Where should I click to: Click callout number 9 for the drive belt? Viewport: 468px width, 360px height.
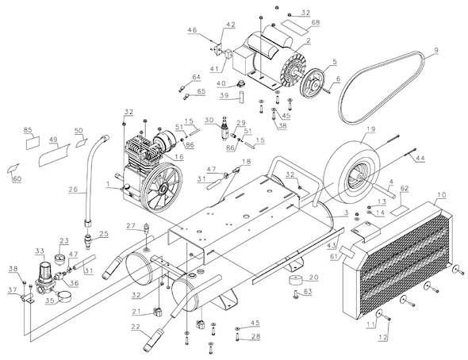pyautogui.click(x=436, y=50)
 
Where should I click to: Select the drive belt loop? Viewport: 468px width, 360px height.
pyautogui.click(x=342, y=98)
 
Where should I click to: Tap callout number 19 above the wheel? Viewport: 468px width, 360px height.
pyautogui.click(x=371, y=130)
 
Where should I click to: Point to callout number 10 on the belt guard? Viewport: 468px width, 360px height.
pyautogui.click(x=442, y=195)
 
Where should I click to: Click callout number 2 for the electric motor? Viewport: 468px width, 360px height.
pyautogui.click(x=308, y=41)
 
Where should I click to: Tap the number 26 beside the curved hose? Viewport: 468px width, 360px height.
pyautogui.click(x=73, y=190)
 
